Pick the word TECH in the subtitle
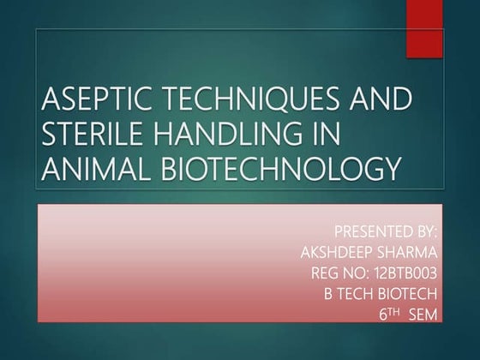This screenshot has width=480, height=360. click(x=358, y=293)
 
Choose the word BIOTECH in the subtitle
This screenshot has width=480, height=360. click(x=411, y=293)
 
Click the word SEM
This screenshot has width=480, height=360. click(x=423, y=315)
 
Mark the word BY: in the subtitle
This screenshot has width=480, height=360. click(x=425, y=231)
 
